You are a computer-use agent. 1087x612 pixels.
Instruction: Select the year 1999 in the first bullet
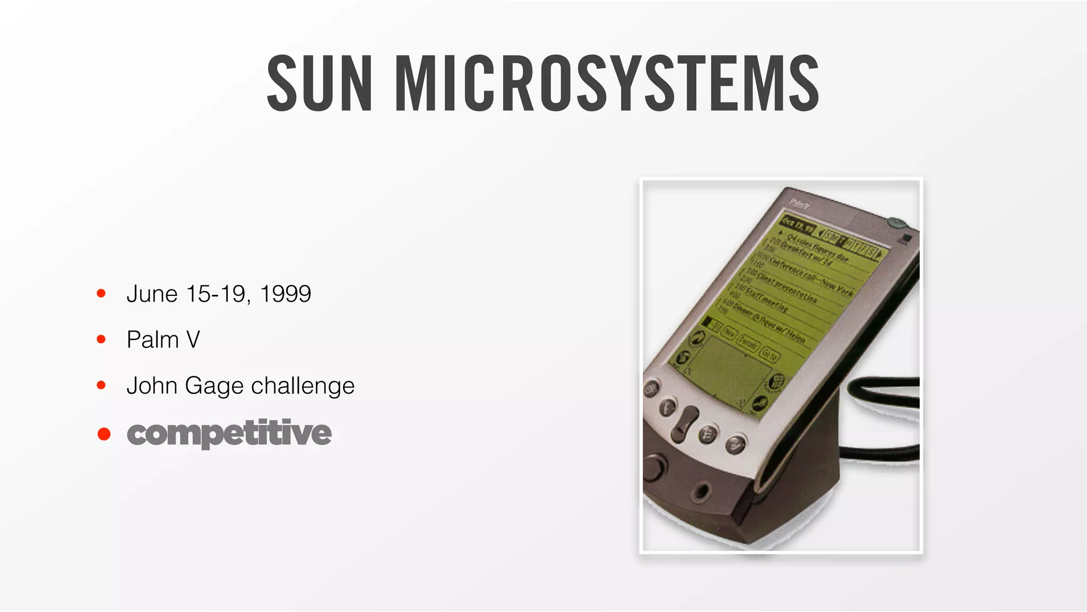(286, 294)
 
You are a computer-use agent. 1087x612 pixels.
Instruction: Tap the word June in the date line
(152, 294)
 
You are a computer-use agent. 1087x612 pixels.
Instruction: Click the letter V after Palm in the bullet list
(193, 340)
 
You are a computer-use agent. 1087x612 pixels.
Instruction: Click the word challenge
(303, 386)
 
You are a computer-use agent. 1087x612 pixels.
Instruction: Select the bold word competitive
(229, 433)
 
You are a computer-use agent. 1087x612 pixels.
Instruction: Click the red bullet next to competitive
(104, 434)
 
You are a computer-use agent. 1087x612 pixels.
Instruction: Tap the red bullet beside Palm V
(101, 339)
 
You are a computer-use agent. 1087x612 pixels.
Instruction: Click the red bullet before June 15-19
(101, 293)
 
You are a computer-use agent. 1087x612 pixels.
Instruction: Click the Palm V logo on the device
(799, 203)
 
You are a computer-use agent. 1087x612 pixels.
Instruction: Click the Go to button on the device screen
(769, 354)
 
